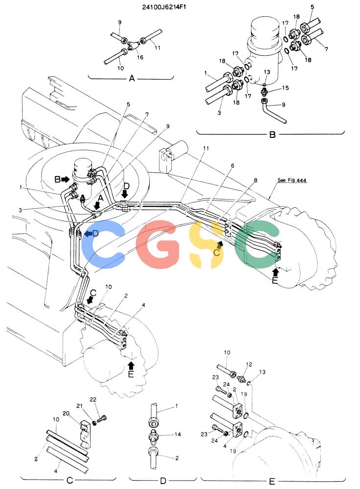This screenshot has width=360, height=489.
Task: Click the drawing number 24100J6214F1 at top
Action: point(164,7)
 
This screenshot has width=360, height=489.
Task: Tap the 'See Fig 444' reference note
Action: point(292,180)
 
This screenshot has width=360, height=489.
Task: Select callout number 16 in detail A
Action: point(140,57)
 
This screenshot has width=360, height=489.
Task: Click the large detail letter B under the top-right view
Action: point(272,135)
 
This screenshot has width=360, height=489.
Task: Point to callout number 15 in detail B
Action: point(286,88)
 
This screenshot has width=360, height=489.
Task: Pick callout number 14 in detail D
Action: point(178,434)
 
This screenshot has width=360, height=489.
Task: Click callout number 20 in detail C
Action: point(66,414)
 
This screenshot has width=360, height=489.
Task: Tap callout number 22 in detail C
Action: point(93,400)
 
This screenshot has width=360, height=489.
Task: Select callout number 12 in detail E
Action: point(249,365)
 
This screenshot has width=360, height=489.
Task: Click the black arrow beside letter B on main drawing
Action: point(66,179)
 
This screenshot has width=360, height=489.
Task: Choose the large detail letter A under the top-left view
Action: point(132,78)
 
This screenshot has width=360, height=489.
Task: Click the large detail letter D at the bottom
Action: point(163,481)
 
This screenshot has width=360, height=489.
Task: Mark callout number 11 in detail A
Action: point(157,48)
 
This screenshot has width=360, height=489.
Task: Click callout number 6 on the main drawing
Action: point(232,166)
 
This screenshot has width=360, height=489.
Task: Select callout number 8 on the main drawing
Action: point(255,180)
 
